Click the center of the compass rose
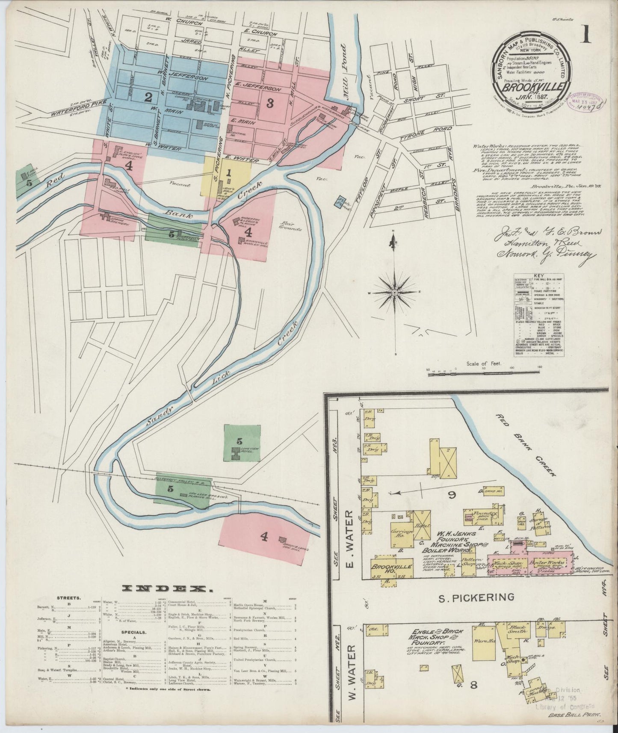point(394,292)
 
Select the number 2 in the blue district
point(148,98)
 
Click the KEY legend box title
point(538,276)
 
